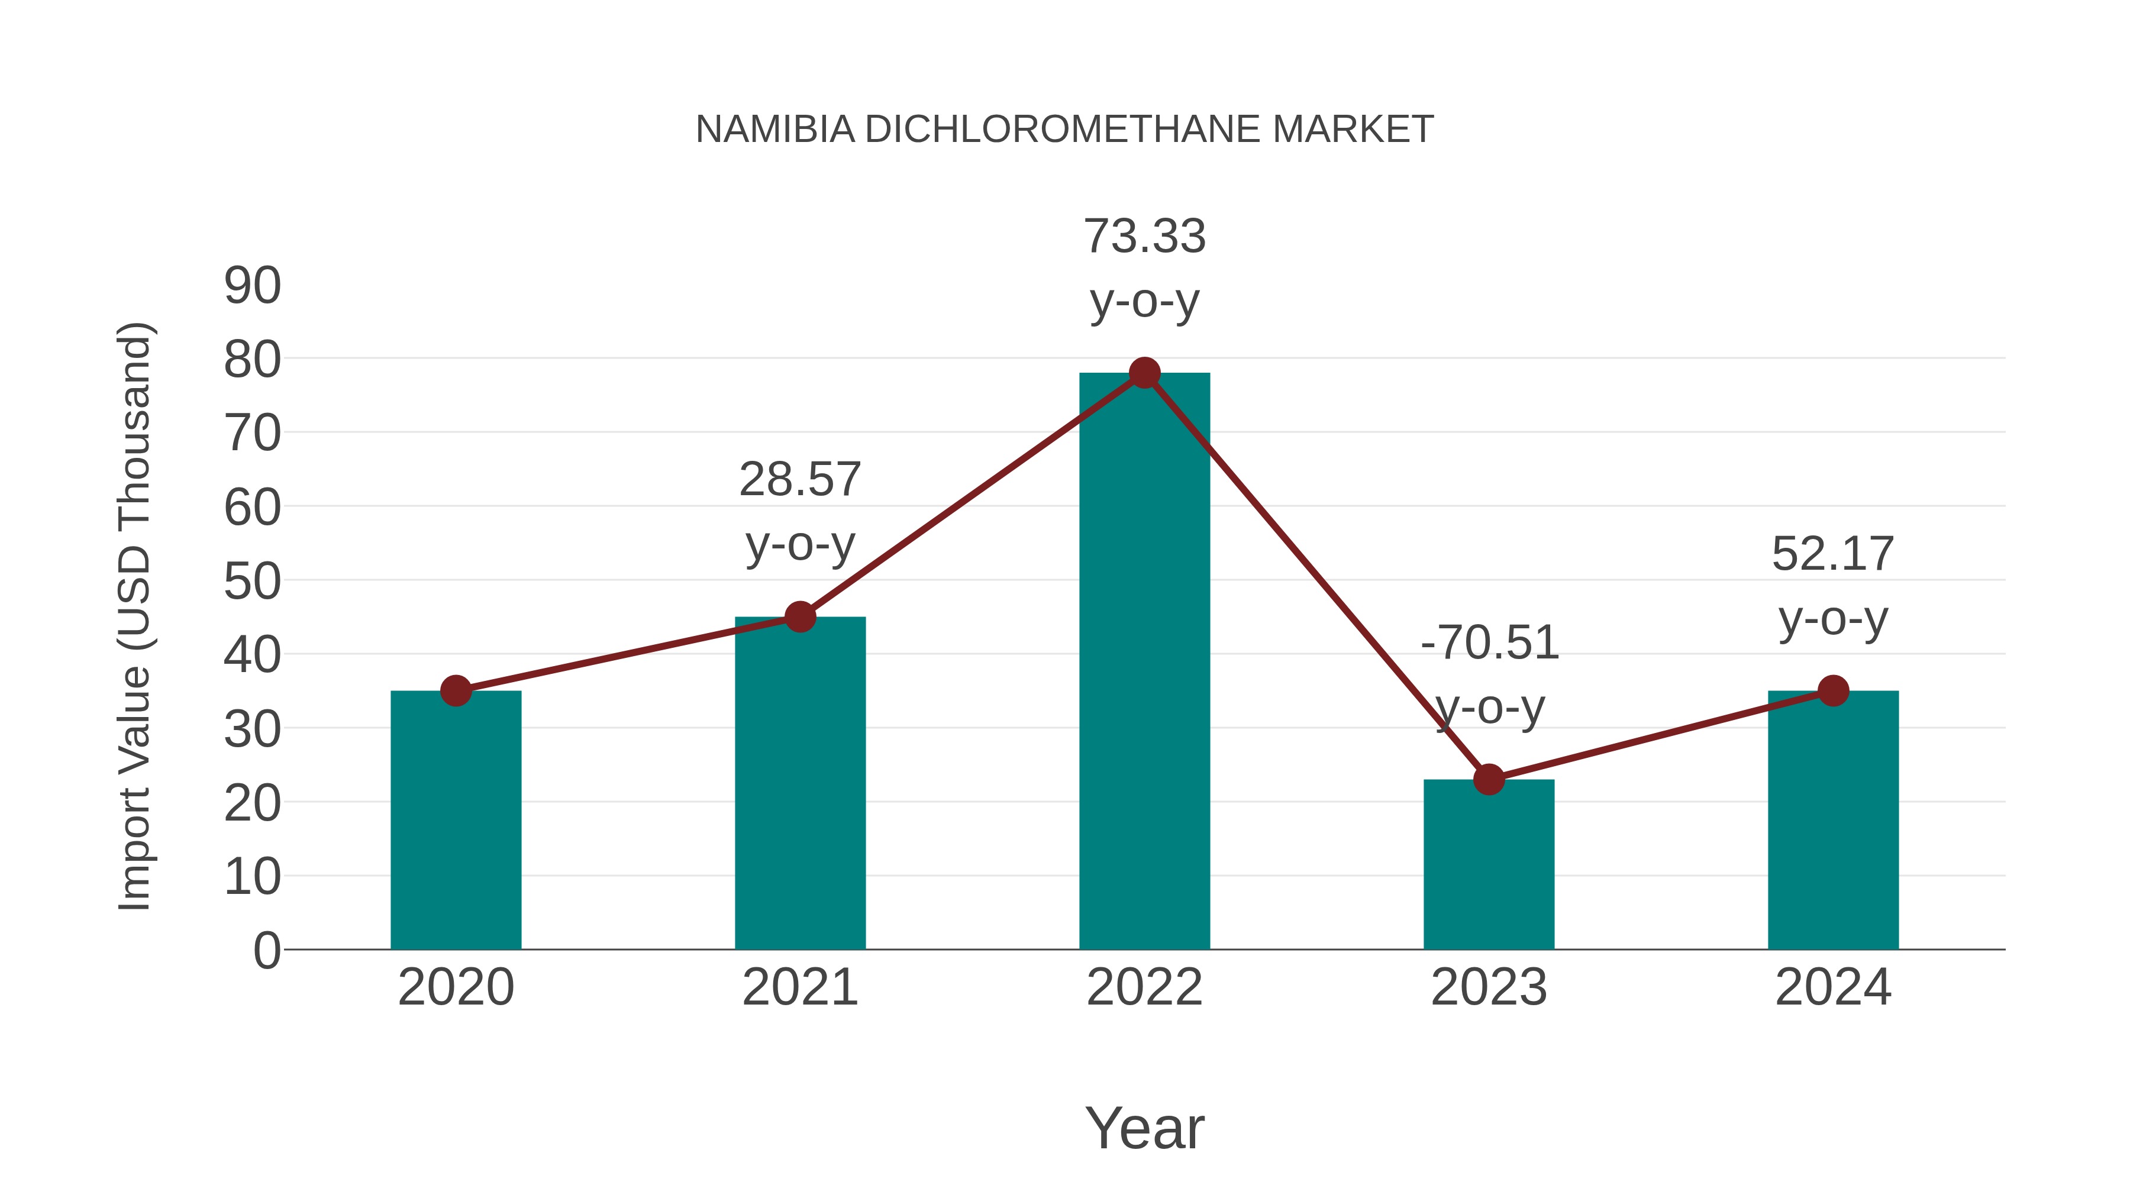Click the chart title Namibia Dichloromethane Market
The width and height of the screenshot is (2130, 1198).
(x=1064, y=130)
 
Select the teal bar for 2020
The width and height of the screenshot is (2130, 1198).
(x=456, y=823)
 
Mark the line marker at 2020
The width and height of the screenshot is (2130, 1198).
(x=456, y=690)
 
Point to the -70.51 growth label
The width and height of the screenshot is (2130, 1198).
(x=1489, y=674)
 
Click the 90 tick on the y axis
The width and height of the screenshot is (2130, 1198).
(x=252, y=286)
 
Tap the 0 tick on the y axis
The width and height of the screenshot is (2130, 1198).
(x=266, y=951)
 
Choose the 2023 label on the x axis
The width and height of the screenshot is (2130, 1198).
(x=1489, y=987)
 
